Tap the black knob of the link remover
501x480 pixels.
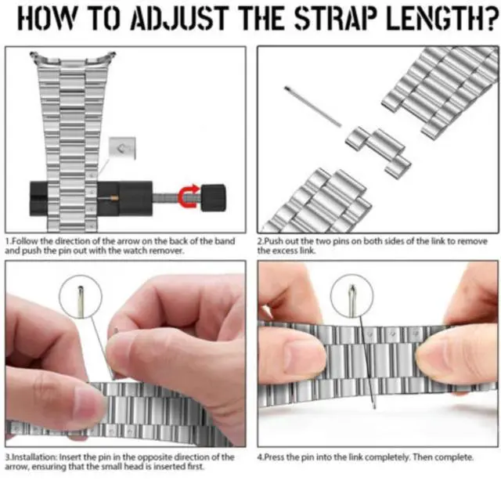pos(213,197)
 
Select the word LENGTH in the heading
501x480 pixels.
pos(438,19)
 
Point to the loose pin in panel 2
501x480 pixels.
pos(313,106)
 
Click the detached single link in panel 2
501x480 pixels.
pos(378,150)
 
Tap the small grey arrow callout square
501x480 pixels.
pos(122,148)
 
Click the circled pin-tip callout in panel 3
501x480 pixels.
pos(81,297)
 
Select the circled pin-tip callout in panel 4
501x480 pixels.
pos(351,297)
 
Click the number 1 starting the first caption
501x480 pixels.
pos(7,241)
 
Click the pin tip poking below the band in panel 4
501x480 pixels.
pos(374,405)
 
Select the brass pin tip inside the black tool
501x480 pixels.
pos(115,198)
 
